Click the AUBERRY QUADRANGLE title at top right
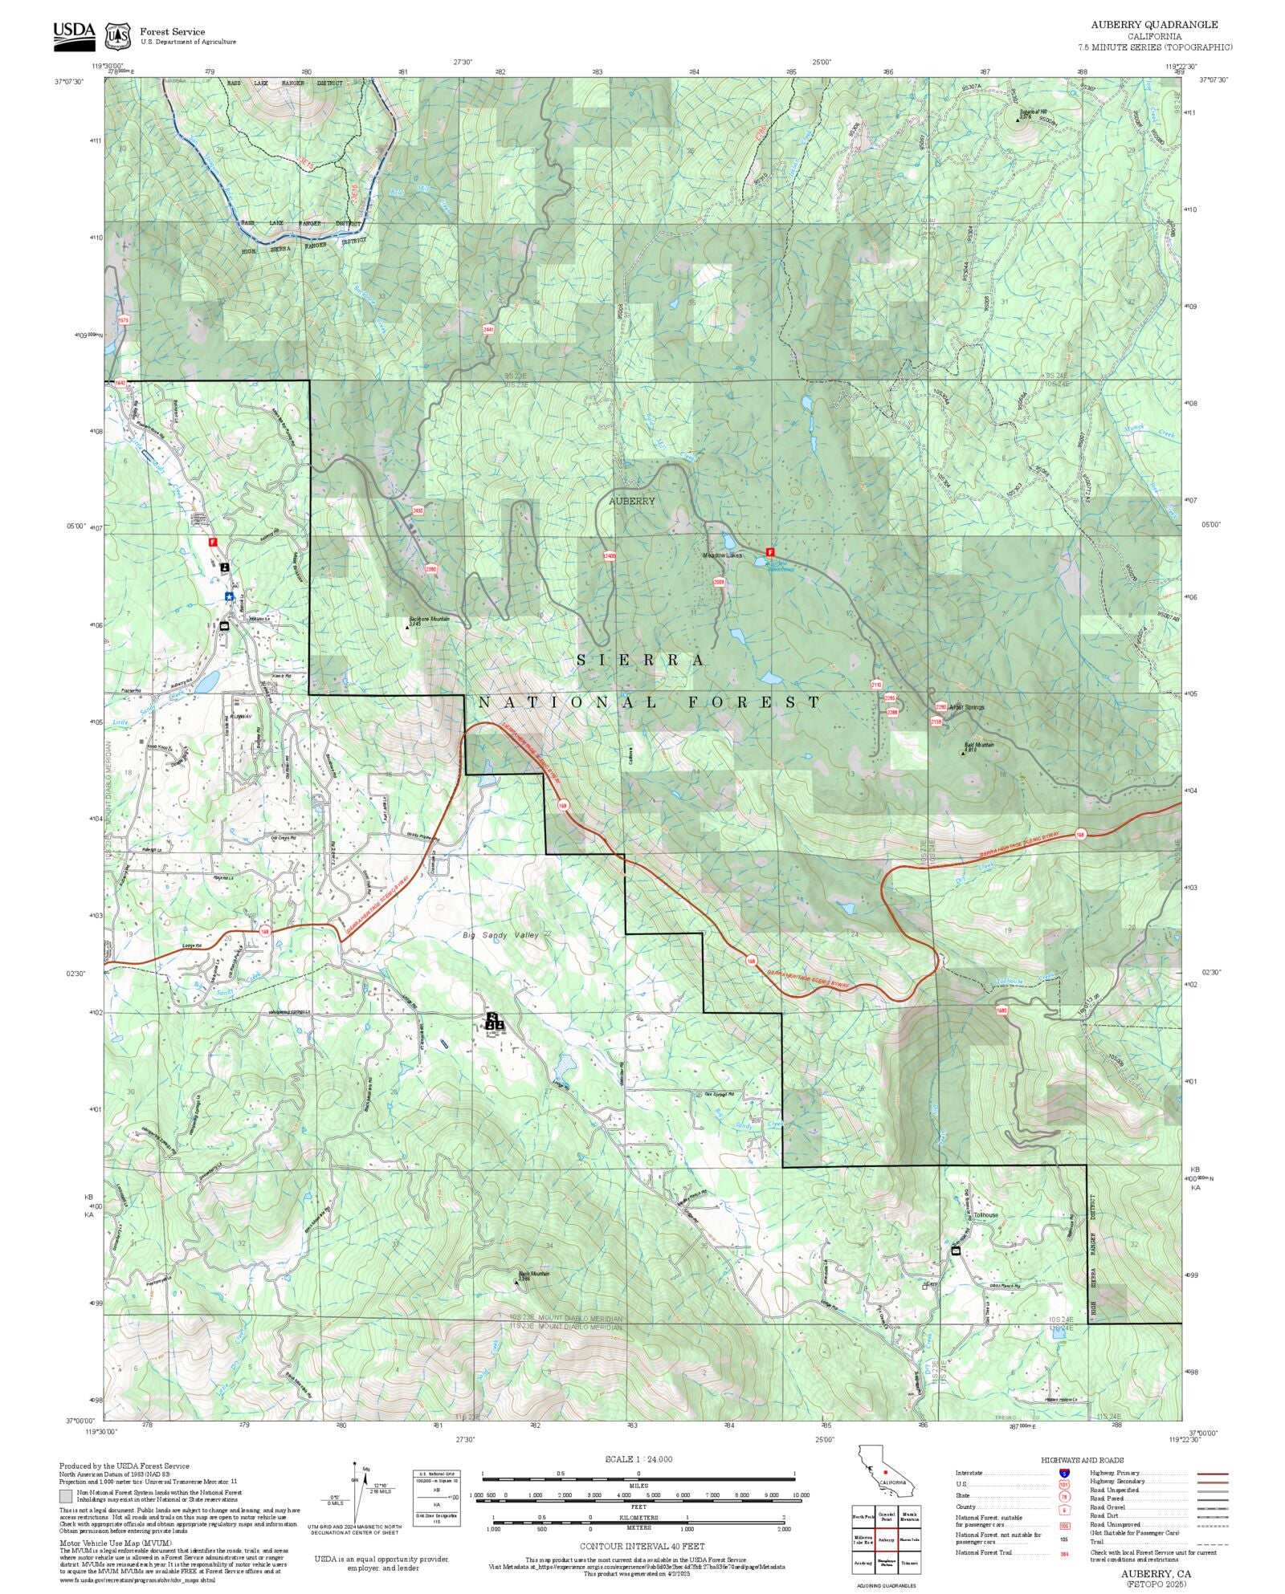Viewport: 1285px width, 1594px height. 1154,25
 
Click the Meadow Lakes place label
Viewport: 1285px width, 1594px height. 722,555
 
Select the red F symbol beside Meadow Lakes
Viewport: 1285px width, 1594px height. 769,552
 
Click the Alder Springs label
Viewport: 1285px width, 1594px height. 966,707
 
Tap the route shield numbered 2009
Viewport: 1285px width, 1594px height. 719,582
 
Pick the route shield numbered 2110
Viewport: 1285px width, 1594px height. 875,685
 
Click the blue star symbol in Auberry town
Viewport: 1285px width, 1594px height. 229,596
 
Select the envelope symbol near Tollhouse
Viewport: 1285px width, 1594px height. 956,1250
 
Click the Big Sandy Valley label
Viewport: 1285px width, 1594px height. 501,935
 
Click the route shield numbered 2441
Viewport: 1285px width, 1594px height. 488,329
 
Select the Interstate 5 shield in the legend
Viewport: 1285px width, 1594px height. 1064,1474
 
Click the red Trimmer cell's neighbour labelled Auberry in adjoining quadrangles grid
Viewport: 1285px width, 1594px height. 887,1540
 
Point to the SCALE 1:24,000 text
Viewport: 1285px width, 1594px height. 638,1459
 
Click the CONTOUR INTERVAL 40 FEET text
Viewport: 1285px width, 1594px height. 642,1545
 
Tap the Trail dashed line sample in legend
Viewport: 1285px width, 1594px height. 1212,1542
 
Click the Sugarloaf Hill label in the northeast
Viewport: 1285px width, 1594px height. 1031,112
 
